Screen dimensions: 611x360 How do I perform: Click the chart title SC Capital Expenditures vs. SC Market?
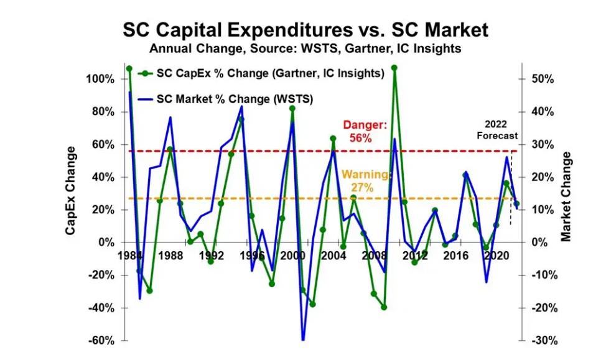(305, 30)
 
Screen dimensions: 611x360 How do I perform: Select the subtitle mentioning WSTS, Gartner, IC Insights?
(305, 48)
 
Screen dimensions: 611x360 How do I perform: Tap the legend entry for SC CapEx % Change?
(261, 73)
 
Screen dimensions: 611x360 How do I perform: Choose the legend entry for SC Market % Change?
(226, 99)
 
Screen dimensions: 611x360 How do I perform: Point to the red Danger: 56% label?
(365, 131)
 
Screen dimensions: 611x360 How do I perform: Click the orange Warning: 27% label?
(365, 181)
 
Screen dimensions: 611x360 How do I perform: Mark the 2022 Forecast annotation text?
(497, 130)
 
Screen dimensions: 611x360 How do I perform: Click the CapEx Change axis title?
(70, 191)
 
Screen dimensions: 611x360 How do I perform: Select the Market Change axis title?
(566, 196)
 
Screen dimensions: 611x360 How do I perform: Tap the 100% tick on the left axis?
(100, 80)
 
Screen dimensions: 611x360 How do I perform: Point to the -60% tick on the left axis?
(101, 341)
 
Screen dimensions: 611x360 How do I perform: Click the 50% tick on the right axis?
(543, 80)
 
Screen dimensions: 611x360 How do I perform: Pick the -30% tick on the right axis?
(544, 341)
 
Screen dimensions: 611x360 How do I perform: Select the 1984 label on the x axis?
(130, 256)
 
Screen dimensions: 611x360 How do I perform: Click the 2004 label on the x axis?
(333, 256)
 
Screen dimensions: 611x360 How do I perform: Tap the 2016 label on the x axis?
(455, 256)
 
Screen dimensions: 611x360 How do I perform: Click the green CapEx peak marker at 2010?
(394, 68)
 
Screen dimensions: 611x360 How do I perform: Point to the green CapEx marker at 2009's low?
(384, 307)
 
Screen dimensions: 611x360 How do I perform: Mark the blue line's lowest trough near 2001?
(303, 339)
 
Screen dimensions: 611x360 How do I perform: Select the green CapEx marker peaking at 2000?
(292, 108)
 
